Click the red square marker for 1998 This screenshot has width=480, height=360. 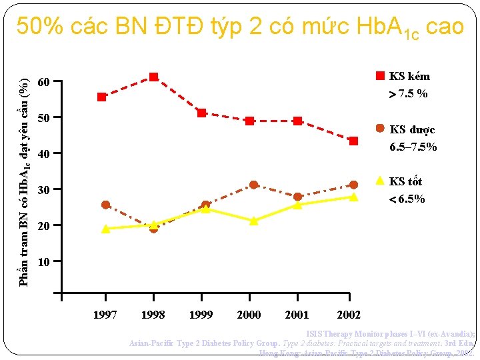153,77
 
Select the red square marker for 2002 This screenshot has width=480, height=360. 353,141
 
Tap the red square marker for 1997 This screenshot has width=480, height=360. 101,97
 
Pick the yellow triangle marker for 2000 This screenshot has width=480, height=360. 253,221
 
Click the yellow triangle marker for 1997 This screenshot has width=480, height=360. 105,229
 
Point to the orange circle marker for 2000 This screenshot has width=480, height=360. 253,185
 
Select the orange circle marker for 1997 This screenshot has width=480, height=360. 105,205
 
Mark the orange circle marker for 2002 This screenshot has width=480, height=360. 353,185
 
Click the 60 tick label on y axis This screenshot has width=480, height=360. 43,83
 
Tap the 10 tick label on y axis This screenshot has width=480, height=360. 43,262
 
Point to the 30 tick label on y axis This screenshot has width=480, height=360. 43,190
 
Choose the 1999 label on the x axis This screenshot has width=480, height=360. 201,315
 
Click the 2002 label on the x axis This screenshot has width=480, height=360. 349,315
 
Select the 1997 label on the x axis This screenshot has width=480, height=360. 105,315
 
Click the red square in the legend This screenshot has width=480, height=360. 379,75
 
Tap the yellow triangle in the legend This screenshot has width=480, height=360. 379,180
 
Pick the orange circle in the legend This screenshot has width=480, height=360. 379,128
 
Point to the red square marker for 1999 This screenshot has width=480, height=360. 201,113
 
